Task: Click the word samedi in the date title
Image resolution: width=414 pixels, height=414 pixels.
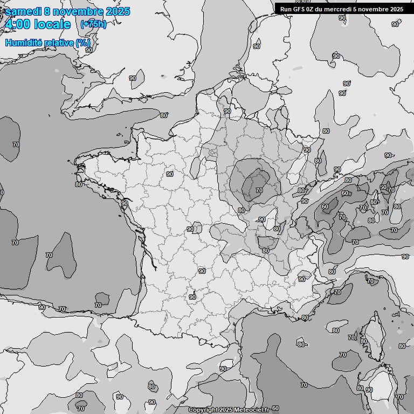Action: [23, 11]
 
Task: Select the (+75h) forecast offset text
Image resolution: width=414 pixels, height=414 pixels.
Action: [93, 24]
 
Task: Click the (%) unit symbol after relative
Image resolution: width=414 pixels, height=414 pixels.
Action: [83, 43]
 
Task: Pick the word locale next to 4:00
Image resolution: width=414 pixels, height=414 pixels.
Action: [52, 24]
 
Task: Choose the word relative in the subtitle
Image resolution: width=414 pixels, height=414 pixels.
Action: [59, 43]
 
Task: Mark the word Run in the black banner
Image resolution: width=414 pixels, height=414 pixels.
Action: [286, 9]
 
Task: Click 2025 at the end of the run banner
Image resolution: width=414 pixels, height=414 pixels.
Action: [396, 9]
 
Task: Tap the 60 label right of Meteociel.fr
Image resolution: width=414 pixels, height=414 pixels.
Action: [275, 409]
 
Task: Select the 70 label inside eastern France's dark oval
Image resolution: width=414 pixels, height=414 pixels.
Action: [259, 190]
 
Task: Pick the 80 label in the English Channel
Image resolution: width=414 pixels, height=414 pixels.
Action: [163, 115]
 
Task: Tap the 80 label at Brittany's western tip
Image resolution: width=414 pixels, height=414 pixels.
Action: [79, 184]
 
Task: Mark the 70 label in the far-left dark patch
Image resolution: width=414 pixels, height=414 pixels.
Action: [16, 144]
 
